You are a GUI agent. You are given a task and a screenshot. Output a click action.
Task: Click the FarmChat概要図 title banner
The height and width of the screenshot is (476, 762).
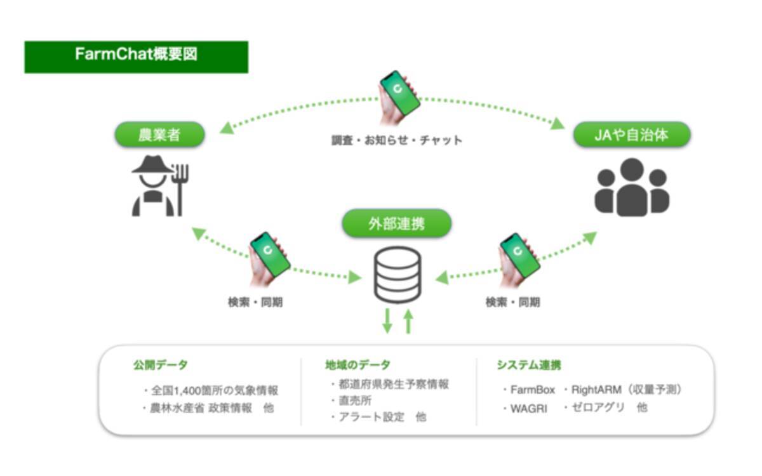click(136, 56)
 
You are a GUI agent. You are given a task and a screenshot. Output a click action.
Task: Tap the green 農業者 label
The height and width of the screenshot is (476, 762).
click(159, 135)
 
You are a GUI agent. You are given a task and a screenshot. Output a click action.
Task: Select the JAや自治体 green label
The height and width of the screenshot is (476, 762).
click(631, 135)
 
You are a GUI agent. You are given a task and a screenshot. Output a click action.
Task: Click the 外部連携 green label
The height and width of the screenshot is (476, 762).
click(396, 223)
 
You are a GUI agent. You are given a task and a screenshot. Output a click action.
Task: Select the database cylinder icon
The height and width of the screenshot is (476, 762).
click(397, 274)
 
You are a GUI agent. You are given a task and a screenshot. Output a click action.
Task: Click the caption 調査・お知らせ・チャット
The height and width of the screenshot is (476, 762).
click(397, 140)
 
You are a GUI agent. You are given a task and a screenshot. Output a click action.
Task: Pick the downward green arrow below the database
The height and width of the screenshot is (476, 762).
click(387, 321)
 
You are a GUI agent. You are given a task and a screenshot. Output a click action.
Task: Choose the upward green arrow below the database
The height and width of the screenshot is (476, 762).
click(408, 321)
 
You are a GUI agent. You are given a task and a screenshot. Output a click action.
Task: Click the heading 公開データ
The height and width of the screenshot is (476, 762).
click(160, 366)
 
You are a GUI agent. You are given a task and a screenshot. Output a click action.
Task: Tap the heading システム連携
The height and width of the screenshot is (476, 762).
click(528, 366)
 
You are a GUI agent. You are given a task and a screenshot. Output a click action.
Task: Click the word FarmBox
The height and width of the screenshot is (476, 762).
click(532, 390)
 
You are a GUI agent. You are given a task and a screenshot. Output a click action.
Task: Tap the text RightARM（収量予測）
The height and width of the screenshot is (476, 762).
click(626, 390)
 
